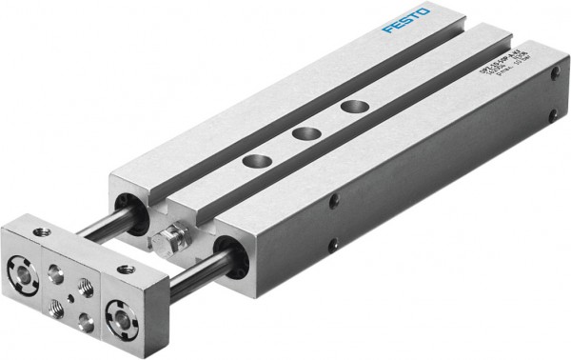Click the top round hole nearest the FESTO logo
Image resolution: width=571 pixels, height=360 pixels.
355,106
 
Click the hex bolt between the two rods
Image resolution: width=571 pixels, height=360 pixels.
168,237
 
